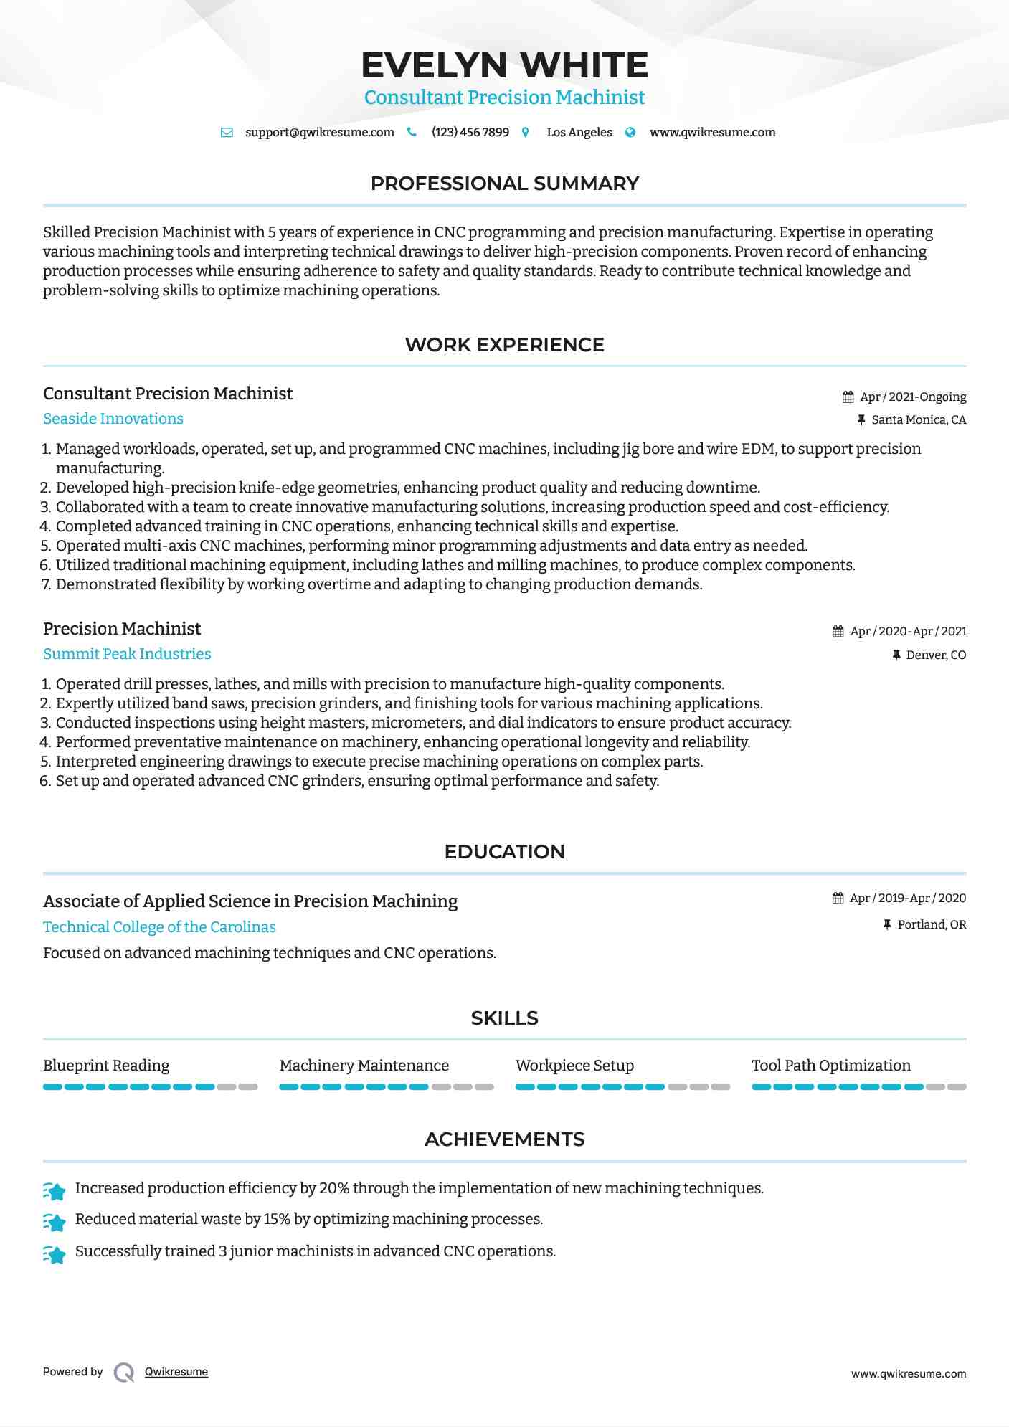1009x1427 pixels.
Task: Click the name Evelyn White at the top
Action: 504,65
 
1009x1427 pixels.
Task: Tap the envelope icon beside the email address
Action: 227,133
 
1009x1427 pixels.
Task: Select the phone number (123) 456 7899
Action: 470,133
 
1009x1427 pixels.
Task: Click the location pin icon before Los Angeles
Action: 526,133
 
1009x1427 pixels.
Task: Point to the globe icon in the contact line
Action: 630,133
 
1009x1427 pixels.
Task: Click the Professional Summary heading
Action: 504,184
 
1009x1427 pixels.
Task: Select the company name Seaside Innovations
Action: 113,419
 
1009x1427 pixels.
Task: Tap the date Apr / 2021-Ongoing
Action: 913,397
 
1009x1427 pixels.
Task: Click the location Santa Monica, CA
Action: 919,420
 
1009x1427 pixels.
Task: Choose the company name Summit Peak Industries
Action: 127,654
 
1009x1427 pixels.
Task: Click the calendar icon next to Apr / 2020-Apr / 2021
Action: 838,632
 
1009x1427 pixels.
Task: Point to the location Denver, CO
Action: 936,655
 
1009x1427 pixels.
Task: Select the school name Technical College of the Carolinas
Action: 159,927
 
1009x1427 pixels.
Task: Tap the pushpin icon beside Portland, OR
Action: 887,925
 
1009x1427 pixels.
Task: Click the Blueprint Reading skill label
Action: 106,1066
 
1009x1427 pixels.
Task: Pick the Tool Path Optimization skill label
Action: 830,1066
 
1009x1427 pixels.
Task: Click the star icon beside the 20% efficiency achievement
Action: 55,1191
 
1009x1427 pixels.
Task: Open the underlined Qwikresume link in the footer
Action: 176,1372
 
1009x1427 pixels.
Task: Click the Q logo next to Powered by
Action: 124,1373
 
